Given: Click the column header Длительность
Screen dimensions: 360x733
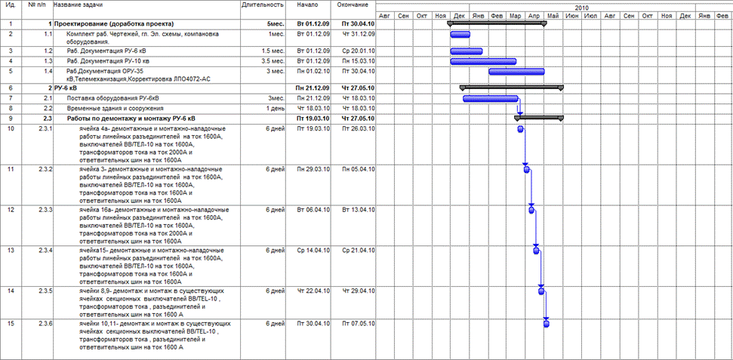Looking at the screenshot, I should tap(263, 5).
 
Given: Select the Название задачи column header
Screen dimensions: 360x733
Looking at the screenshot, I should tap(79, 5).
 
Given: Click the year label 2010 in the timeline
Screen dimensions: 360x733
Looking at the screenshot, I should tap(553, 5).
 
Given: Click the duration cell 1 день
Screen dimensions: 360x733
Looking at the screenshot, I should tap(274, 108).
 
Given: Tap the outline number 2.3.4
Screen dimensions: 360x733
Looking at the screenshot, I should tap(46, 250).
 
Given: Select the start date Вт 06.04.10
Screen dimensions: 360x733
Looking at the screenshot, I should tap(311, 209).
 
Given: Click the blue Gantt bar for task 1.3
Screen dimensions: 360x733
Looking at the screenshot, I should tap(483, 61).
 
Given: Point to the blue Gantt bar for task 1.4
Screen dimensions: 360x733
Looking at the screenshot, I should tap(517, 72).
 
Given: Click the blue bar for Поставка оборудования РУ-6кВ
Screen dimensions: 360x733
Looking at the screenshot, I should tap(490, 99).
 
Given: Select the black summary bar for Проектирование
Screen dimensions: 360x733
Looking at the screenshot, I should tap(497, 24).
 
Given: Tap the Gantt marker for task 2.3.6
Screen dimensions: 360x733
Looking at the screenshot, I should tap(546, 324).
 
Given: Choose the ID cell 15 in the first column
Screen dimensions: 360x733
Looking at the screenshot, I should tap(11, 323).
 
